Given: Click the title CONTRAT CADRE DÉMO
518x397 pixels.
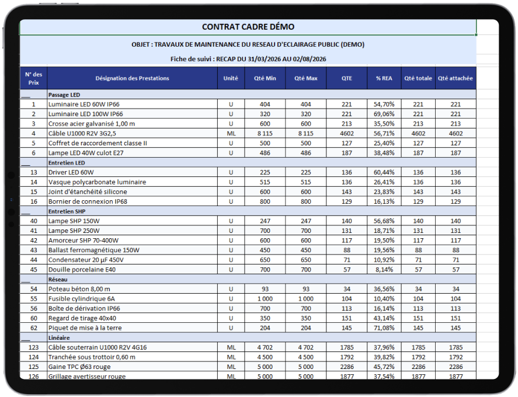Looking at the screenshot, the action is pos(248,27).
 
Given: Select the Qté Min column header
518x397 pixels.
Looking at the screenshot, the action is pos(265,78).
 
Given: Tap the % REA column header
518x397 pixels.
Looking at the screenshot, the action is pos(384,78).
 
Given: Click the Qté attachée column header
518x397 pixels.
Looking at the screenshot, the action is pos(456,78).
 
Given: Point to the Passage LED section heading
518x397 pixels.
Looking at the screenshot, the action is pos(64,95).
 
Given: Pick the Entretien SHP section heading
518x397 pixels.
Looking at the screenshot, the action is pos(67,211).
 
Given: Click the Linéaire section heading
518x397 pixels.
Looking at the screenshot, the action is pos(59,338).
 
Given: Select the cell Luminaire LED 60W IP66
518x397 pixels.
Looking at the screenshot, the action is pos(84,105).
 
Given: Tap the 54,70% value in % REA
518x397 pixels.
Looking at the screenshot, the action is pos(384,105).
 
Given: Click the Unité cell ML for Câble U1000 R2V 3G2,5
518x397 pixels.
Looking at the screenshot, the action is pos(231,134).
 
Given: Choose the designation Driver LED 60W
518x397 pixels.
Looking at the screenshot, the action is pos(71,172).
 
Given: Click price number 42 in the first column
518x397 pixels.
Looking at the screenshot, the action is pos(34,241).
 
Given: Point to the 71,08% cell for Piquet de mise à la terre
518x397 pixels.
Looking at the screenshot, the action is pos(384,328).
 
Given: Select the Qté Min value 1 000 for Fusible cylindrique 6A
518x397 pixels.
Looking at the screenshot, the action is pos(265,299).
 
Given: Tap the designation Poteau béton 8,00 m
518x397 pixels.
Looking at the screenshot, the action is pos(79,289).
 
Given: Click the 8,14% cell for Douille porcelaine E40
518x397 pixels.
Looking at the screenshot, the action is pos(384,270).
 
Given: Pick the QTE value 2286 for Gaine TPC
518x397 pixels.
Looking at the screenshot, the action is pos(347,367).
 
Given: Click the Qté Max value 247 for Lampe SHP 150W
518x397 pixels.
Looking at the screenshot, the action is pos(306,221).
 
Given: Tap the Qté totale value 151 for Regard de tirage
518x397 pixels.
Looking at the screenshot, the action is pos(418,318).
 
